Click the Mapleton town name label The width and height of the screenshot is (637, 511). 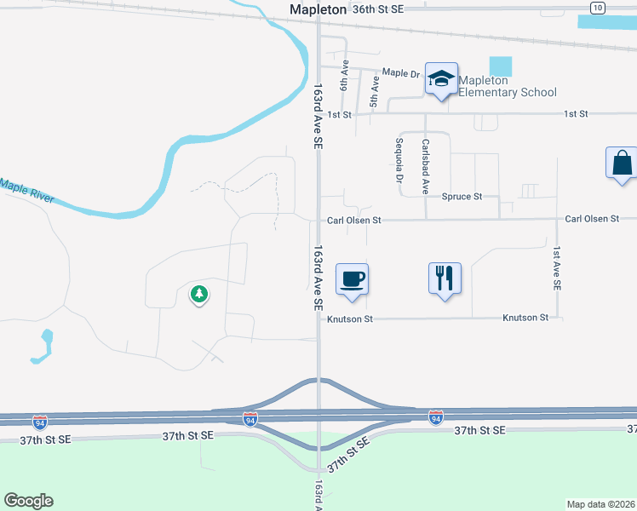318,9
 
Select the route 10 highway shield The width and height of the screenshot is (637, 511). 597,8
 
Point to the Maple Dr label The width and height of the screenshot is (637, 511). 402,73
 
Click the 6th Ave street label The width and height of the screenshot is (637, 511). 345,75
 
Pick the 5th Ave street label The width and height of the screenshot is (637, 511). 374,93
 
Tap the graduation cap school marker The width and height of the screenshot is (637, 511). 441,80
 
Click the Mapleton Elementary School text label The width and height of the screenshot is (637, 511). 508,87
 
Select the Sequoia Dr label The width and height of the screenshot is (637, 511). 399,161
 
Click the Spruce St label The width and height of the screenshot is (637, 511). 462,197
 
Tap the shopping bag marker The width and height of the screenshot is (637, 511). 622,163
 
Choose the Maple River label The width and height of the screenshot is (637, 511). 27,191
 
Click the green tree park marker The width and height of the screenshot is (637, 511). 199,295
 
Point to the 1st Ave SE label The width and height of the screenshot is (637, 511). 556,269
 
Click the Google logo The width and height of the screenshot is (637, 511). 28,501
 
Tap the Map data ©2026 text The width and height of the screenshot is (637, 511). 600,504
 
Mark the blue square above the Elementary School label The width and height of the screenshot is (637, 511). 502,66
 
